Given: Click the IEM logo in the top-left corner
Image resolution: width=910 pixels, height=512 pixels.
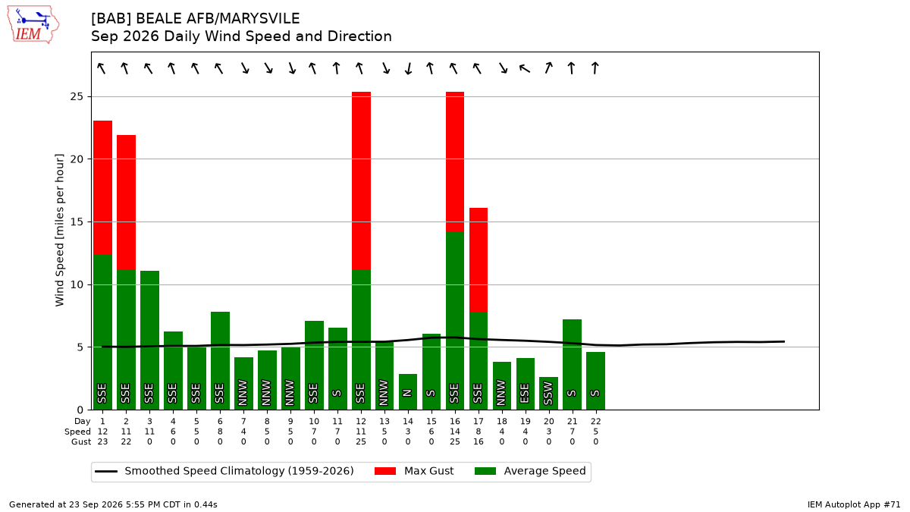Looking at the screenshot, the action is click(33, 25).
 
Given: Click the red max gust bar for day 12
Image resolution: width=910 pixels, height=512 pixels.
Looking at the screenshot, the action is click(361, 181).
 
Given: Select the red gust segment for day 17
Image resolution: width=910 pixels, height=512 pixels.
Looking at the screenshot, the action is click(479, 260).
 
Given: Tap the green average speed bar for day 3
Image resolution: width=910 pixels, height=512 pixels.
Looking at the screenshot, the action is click(150, 340).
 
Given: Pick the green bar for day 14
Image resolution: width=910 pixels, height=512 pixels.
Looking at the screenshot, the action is click(408, 391).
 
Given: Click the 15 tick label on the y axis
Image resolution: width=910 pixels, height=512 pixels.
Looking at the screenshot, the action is click(77, 221).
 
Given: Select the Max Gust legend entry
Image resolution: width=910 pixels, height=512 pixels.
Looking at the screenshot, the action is click(413, 471).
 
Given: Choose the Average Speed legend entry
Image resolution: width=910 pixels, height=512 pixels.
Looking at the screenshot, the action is click(530, 471).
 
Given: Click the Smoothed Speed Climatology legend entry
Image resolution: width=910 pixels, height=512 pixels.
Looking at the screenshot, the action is click(224, 471).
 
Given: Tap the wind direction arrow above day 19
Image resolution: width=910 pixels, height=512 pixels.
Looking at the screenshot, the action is click(525, 68).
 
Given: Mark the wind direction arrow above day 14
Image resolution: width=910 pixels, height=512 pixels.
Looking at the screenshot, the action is click(408, 68).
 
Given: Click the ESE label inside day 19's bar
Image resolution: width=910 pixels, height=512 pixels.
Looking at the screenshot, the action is click(525, 394).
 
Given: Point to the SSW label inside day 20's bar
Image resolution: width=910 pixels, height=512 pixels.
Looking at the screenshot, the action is click(548, 394).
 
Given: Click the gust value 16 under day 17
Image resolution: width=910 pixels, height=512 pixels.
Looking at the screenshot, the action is click(479, 441).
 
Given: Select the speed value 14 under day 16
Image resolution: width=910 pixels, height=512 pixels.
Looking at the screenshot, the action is click(455, 432).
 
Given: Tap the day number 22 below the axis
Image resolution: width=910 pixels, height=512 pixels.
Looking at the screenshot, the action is click(595, 422).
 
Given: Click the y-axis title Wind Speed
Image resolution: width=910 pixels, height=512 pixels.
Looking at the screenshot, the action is click(59, 230).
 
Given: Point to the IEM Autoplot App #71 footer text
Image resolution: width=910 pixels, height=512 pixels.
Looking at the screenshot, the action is click(854, 504).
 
